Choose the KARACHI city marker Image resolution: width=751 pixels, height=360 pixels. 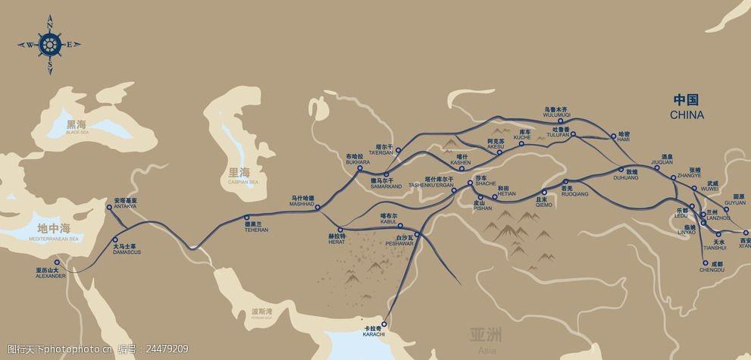[x=385, y=323]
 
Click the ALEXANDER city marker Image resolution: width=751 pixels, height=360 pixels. [x=56, y=262]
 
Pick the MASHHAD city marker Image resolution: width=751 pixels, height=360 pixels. [x=318, y=207]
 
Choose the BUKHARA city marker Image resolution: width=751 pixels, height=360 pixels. [x=359, y=171]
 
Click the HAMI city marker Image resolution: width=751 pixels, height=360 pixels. [x=613, y=138]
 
